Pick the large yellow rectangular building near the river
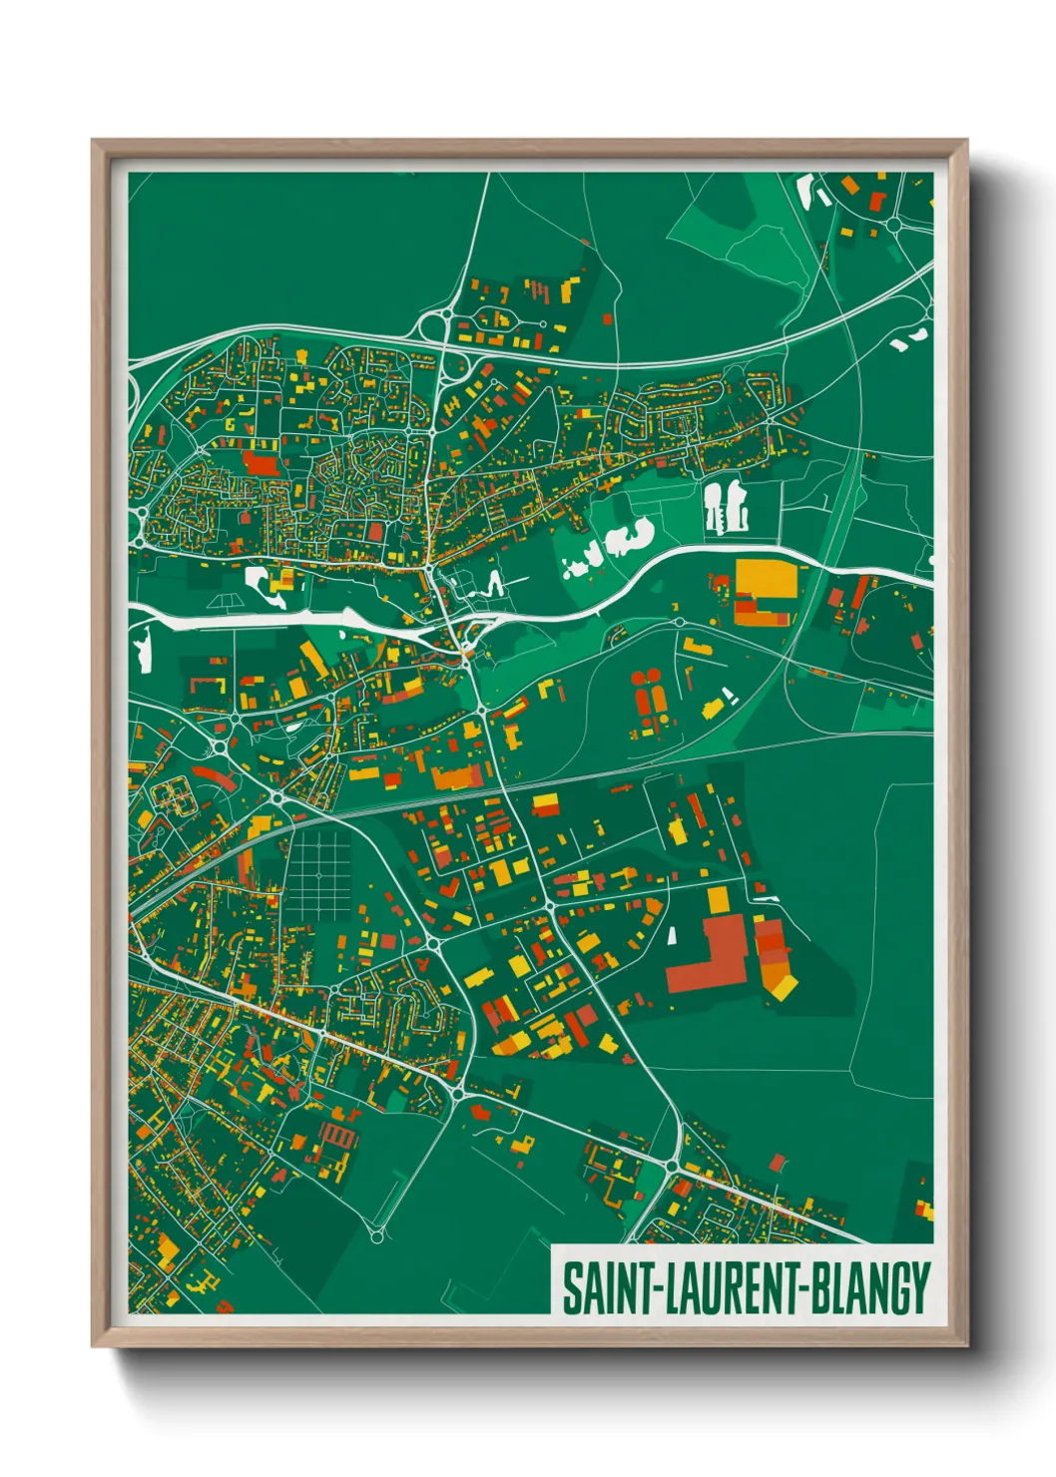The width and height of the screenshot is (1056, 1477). tap(770, 580)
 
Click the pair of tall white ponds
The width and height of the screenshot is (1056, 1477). tap(726, 505)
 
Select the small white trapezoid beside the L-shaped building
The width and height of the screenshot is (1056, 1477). tap(672, 936)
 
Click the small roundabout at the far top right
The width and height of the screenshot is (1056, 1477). tap(894, 226)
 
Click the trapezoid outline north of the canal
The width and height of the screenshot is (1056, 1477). tap(224, 602)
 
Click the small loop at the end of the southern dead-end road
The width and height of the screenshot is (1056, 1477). tap(376, 1236)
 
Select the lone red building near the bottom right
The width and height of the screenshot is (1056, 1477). tap(778, 1162)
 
